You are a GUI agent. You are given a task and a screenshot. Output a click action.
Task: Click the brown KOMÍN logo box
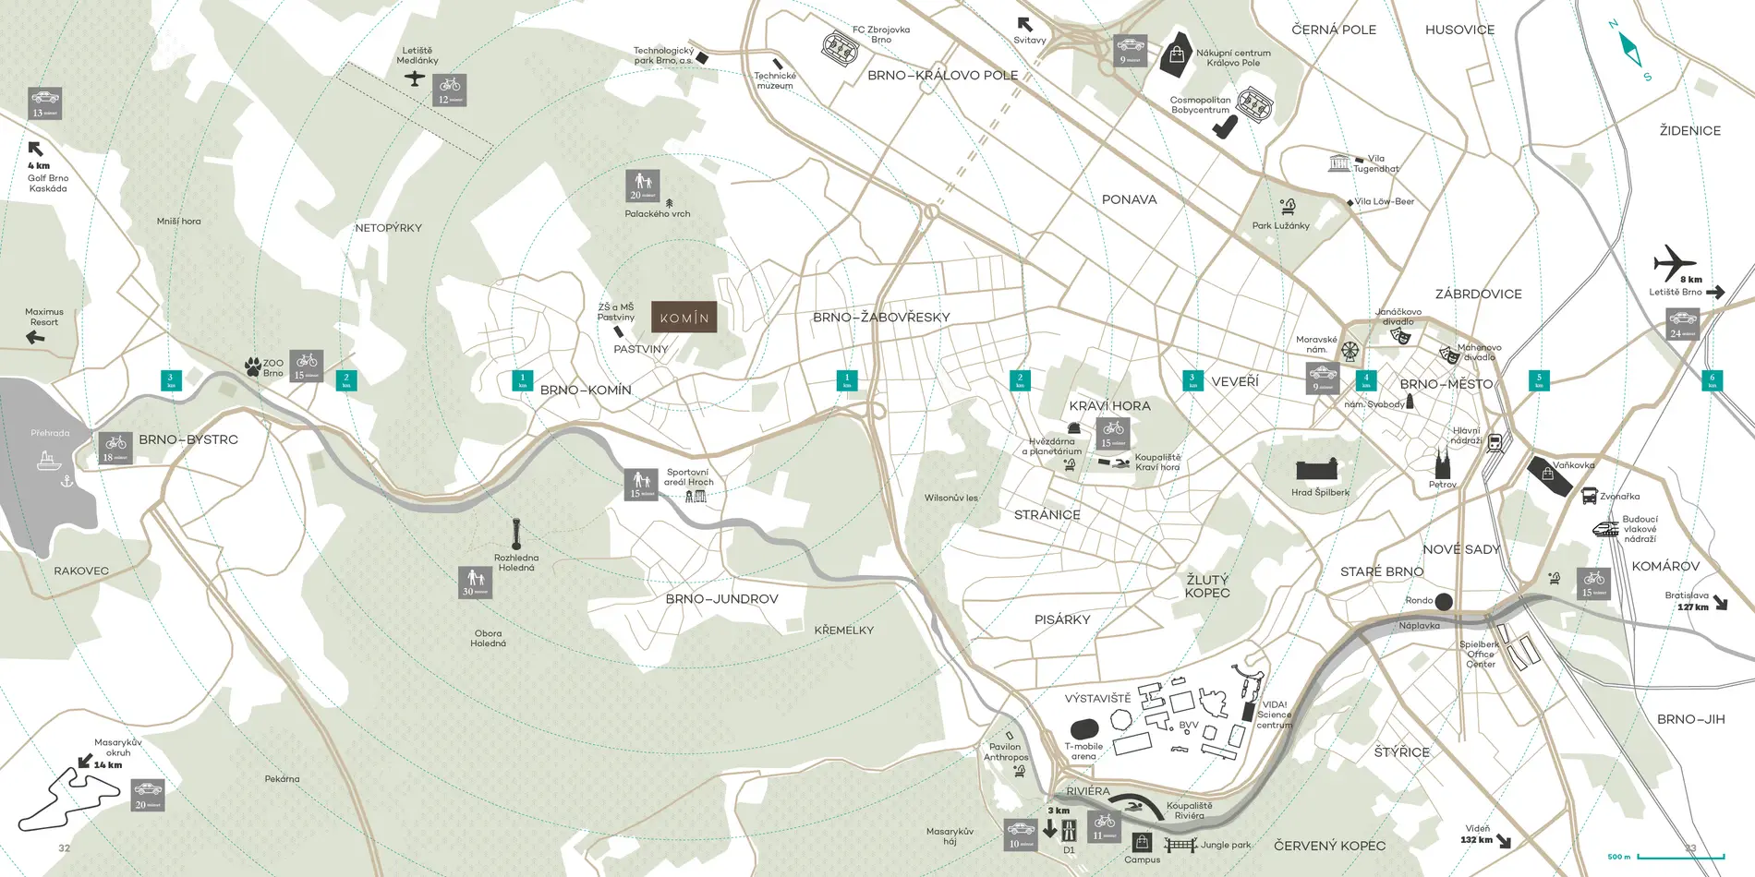coord(684,318)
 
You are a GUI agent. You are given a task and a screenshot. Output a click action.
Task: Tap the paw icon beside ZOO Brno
coord(252,367)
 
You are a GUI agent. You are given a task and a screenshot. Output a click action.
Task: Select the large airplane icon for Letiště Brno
coord(1674,262)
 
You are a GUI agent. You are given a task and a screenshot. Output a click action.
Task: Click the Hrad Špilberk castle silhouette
coord(1317,469)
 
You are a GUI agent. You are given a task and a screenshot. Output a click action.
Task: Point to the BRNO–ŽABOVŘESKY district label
coord(881,318)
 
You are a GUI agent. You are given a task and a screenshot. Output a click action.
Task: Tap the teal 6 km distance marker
coord(1712,378)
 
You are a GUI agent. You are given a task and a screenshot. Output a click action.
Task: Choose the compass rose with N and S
coord(1630,50)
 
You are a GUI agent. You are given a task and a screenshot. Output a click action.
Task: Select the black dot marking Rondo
coord(1444,601)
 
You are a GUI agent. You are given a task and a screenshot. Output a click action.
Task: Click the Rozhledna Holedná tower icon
coord(516,535)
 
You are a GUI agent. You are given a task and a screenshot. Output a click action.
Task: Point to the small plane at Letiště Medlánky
coord(415,78)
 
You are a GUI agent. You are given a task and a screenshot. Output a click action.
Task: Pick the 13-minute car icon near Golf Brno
coord(44,103)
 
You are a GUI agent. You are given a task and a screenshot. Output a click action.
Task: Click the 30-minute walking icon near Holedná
coord(476,583)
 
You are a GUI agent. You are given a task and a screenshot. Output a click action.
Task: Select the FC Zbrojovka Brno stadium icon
coord(840,46)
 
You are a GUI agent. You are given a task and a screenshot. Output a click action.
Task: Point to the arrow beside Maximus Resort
coord(35,337)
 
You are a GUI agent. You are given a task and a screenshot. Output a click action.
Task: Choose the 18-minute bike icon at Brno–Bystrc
coord(115,448)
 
